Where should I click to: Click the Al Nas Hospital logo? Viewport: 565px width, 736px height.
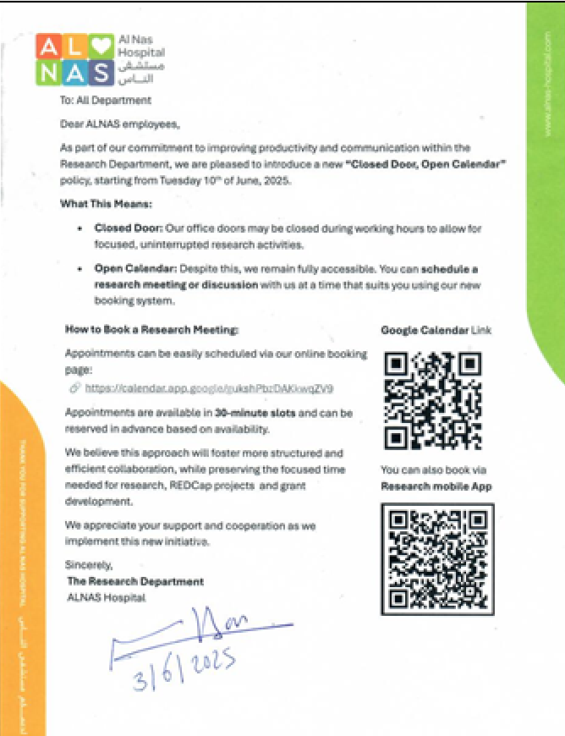[100, 59]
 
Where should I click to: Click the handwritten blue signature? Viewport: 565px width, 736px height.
[203, 630]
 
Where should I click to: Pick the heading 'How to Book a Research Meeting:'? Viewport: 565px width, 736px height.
[152, 329]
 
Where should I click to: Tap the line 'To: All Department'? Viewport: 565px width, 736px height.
[106, 100]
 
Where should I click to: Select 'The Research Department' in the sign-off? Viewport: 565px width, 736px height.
[134, 581]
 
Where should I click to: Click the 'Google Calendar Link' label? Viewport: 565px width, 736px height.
[436, 330]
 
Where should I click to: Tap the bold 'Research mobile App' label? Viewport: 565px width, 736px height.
[436, 486]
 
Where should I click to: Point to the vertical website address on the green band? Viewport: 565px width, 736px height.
[547, 85]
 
